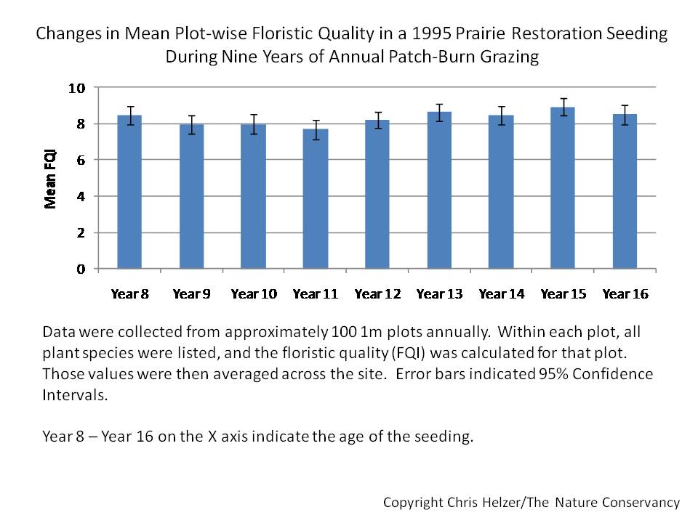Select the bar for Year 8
(x=129, y=192)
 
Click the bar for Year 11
(x=316, y=199)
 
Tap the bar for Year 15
(x=563, y=188)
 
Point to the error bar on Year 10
(x=254, y=124)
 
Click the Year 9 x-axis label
(x=192, y=294)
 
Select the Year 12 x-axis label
(x=377, y=294)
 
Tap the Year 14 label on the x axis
(x=502, y=294)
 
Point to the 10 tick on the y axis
(x=77, y=88)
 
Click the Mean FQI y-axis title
(x=51, y=178)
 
